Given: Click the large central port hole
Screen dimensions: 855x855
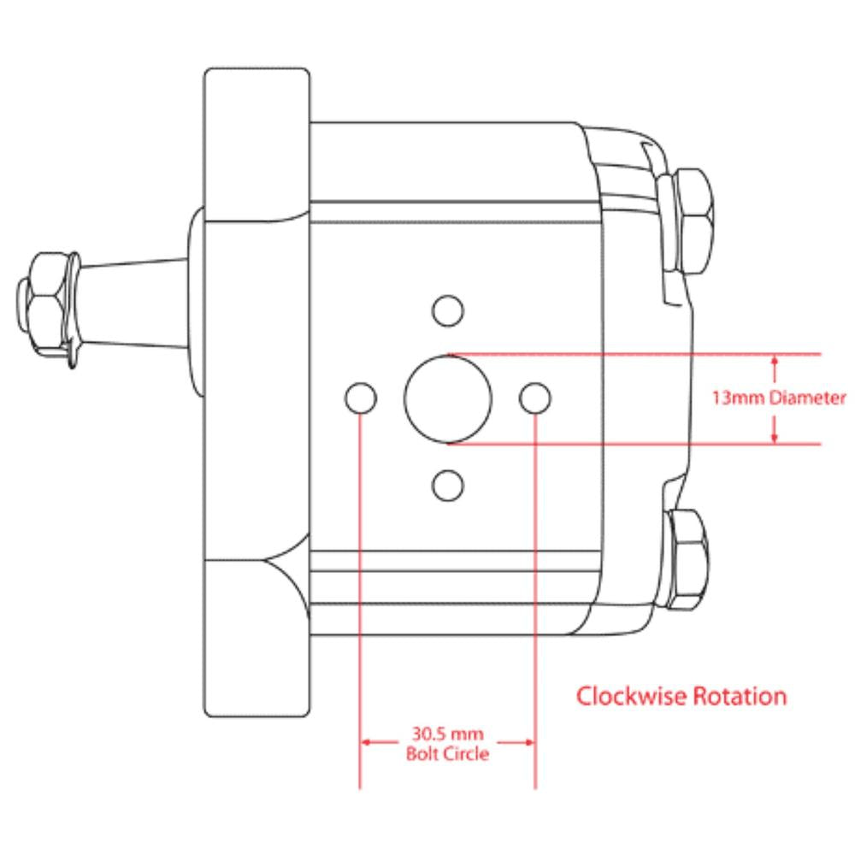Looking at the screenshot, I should point(448,398).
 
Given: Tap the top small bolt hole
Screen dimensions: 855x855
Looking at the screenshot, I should point(448,310).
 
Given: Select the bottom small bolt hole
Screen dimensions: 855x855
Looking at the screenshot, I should point(448,486).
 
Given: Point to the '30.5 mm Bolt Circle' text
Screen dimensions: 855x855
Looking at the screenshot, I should point(447,744).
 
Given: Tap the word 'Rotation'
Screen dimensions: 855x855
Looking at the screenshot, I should point(739,696).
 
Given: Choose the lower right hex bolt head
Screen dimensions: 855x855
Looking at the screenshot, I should point(689,560).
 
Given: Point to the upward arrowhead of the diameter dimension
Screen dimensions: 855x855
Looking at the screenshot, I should point(775,362).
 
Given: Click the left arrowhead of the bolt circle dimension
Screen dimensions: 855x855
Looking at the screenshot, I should point(367,742).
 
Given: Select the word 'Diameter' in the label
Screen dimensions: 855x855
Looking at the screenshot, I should point(807,398).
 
